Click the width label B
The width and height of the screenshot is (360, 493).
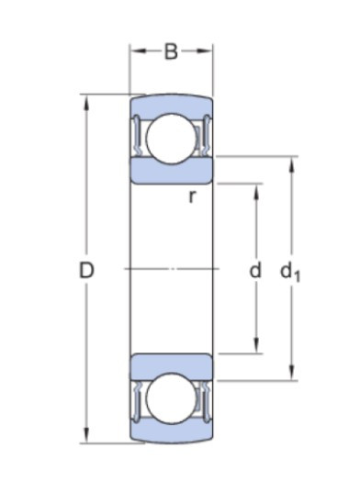171,52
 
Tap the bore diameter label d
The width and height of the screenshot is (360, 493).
256,270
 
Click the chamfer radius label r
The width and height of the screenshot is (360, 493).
192,196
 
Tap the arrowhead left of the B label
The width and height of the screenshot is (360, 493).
135,52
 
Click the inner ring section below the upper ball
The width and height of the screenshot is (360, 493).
171,171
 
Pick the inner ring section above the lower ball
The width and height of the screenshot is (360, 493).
171,364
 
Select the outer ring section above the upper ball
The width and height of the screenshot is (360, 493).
171,102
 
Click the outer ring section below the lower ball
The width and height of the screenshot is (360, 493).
171,433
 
